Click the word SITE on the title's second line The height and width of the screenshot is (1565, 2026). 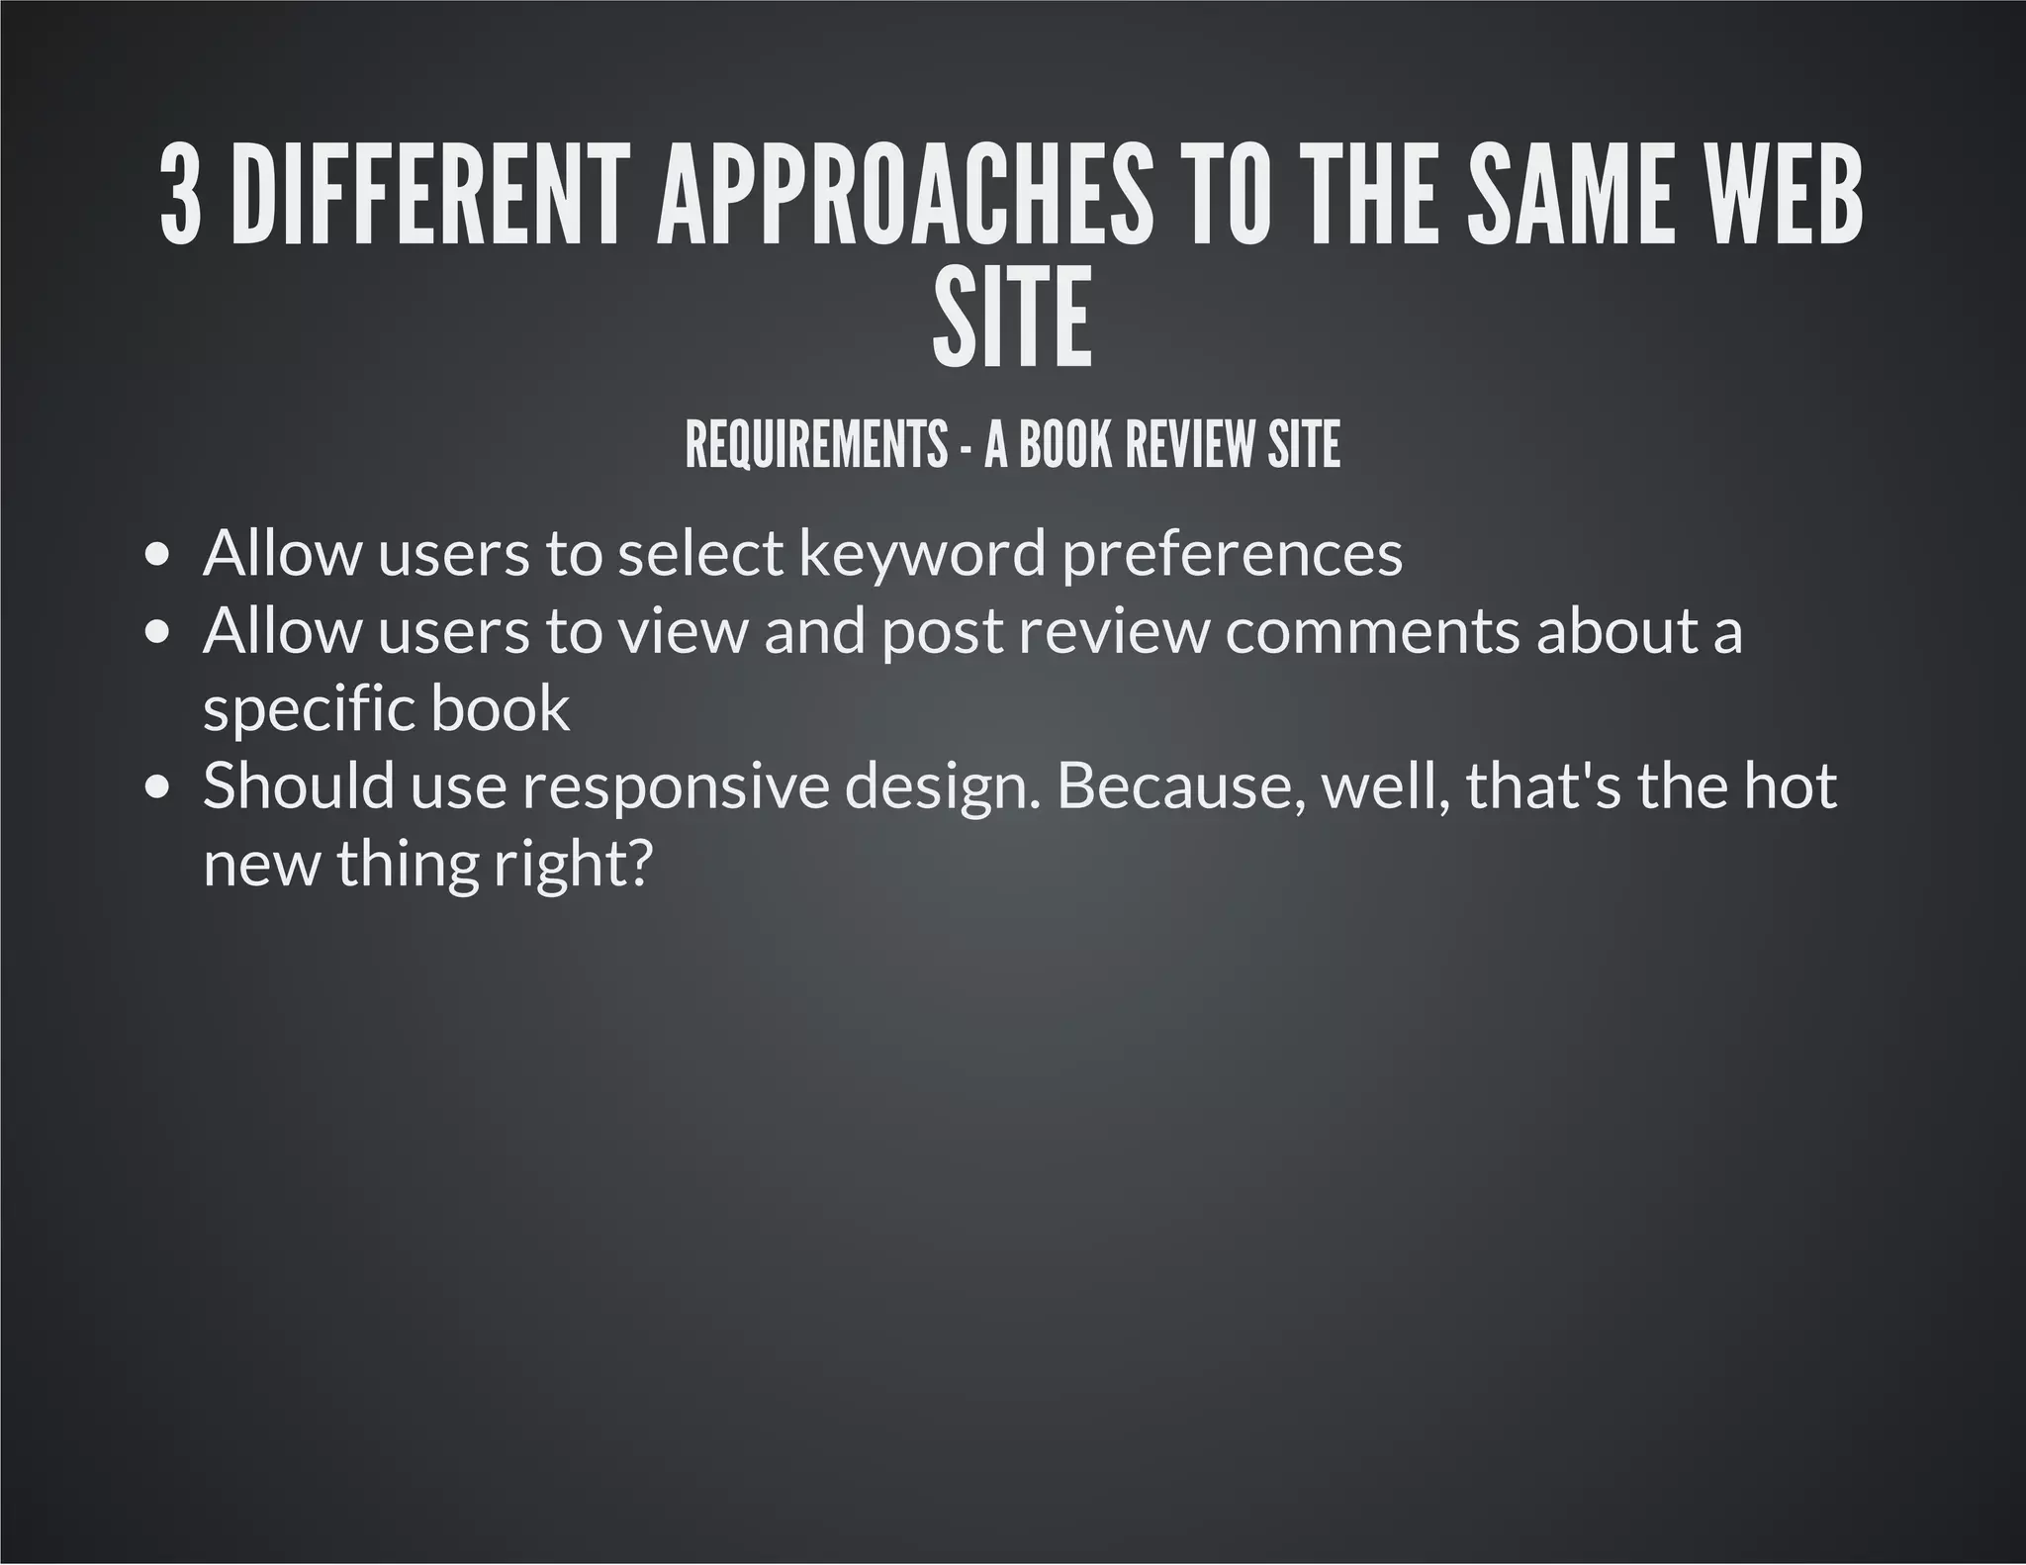[1012, 317]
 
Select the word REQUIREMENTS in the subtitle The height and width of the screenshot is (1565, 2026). [816, 445]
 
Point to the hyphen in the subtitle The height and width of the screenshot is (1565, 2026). [966, 448]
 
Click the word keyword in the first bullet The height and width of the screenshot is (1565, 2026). [921, 554]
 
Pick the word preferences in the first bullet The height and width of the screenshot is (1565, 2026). [1233, 554]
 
